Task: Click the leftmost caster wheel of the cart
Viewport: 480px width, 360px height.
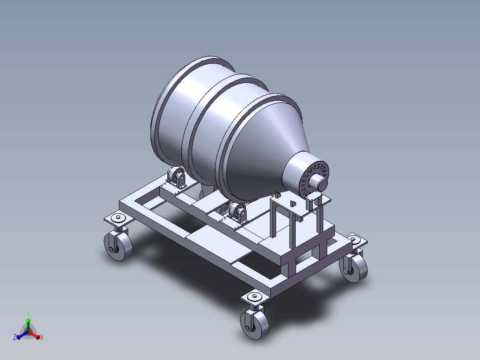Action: coord(118,246)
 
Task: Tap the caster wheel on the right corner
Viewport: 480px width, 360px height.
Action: coord(354,267)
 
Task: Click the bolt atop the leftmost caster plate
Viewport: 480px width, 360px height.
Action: coord(118,218)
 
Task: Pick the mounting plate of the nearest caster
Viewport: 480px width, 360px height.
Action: coord(255,298)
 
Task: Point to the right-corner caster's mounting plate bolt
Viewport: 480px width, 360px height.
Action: coord(354,239)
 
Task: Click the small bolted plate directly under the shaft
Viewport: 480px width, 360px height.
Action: coord(320,199)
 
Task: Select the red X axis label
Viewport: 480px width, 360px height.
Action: coord(42,338)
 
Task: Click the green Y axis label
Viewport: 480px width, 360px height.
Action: coord(28,313)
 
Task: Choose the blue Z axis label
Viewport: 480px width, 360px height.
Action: coord(15,338)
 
